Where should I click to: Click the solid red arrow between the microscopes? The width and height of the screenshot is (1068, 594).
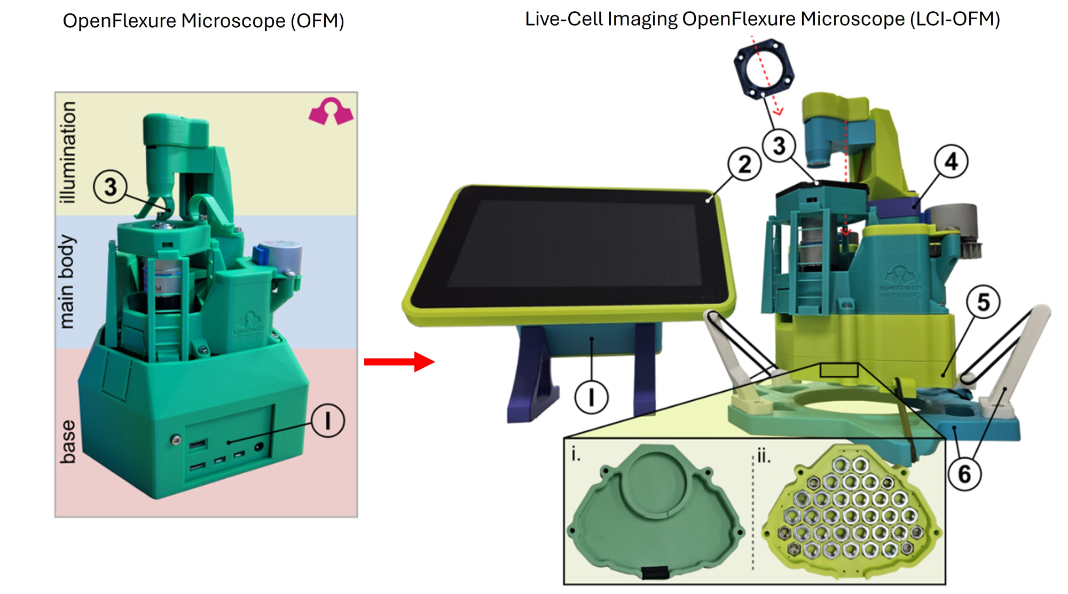pos(399,362)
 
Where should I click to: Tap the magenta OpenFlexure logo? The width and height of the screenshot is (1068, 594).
pos(331,112)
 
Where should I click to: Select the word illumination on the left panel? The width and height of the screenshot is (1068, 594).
pos(68,153)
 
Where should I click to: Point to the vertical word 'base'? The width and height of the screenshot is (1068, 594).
pos(68,441)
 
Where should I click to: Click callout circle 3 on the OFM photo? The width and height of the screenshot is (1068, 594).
pos(110,187)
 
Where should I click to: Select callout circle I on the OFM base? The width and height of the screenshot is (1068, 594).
pos(327,421)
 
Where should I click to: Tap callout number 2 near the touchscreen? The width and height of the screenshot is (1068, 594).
pos(744,164)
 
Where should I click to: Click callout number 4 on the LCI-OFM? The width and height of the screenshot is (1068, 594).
pos(951,161)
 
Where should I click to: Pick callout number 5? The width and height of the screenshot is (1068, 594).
pos(983,302)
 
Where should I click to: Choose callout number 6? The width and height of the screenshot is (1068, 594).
pos(964,474)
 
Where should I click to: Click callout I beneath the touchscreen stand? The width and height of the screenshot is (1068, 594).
pos(591,397)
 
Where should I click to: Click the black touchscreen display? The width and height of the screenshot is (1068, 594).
pos(571,245)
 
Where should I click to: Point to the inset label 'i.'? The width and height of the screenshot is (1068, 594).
pos(575,454)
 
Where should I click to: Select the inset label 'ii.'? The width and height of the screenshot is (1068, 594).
pos(764,456)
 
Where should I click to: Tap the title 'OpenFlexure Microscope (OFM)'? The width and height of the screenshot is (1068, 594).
pos(203,21)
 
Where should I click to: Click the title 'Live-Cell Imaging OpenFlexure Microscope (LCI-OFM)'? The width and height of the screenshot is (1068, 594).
pos(762,19)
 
